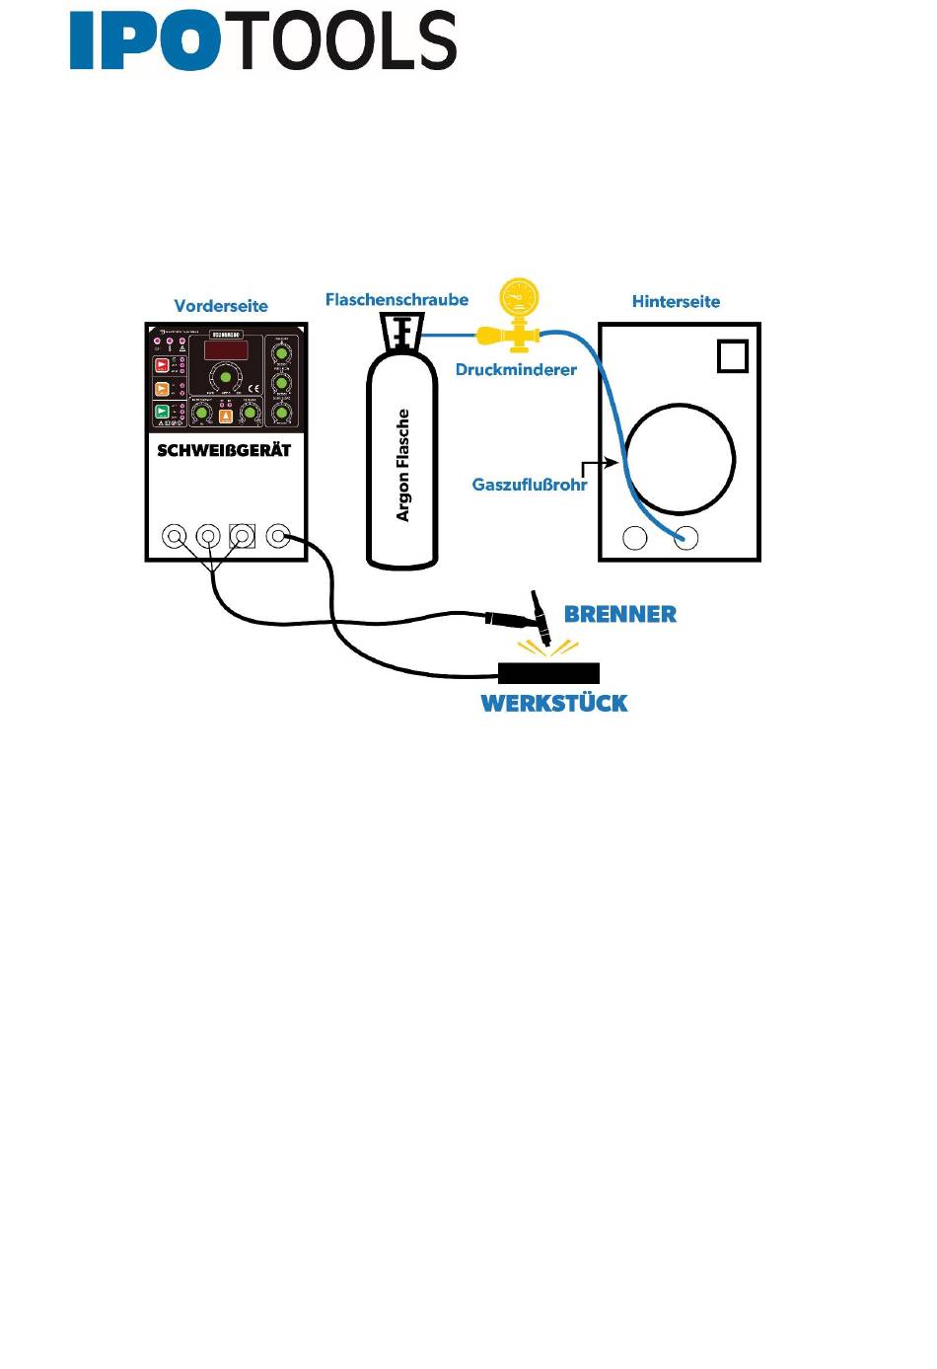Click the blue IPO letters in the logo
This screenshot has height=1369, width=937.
[144, 41]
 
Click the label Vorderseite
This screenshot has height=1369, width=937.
[221, 306]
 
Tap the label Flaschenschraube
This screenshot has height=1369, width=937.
[396, 299]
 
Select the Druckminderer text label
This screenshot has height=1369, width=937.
[516, 370]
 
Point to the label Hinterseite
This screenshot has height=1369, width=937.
[676, 302]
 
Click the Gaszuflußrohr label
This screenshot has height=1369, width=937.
[530, 485]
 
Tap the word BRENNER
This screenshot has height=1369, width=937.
[620, 614]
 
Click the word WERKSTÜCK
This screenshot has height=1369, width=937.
[554, 704]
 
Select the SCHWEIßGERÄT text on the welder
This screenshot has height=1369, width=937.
[225, 451]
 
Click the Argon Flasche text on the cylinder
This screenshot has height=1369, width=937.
[402, 465]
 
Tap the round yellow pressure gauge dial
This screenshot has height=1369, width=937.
[519, 295]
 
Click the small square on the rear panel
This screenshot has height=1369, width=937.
[733, 356]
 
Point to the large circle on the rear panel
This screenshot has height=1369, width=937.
[680, 459]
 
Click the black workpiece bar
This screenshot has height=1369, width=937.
[548, 674]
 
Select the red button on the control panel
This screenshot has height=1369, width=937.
[162, 365]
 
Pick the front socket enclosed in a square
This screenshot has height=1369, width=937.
[242, 537]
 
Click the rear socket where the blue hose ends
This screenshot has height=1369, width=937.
[685, 538]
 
